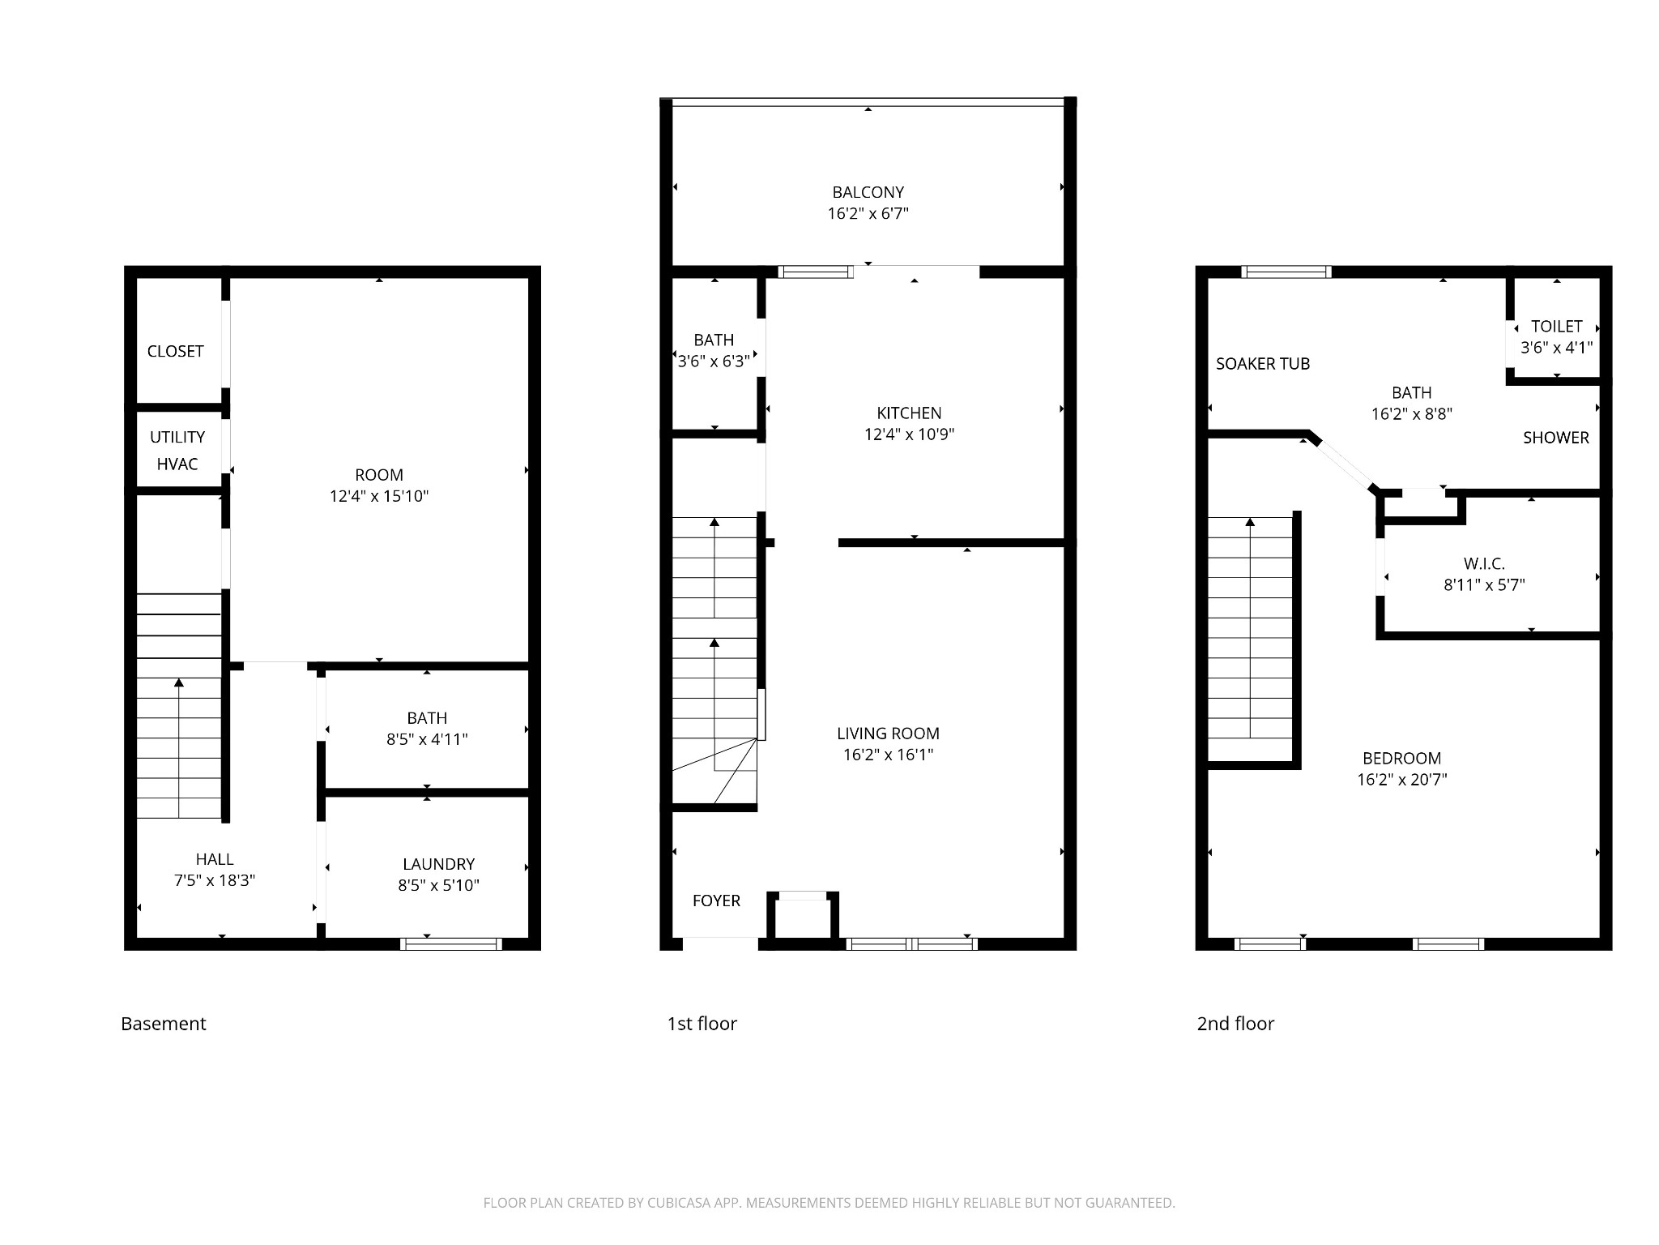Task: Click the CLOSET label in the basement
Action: coord(175,351)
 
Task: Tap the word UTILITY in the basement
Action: coord(177,437)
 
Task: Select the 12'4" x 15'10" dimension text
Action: coord(379,496)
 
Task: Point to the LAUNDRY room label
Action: coord(438,864)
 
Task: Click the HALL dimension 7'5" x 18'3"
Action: coord(215,880)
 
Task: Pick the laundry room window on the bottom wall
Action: coord(451,943)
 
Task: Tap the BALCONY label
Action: coord(868,192)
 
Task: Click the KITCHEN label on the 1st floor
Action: coord(909,413)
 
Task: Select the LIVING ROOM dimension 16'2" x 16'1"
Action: coord(888,755)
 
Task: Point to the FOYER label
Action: coord(716,901)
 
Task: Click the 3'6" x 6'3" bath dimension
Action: coord(714,362)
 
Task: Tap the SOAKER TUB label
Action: coord(1263,364)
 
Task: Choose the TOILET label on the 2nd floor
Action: coord(1556,326)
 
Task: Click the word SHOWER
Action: coord(1555,438)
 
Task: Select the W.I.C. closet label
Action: coord(1484,563)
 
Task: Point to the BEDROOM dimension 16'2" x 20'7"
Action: coord(1402,780)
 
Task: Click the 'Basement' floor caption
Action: coord(164,1024)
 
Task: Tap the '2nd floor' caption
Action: coord(1235,1024)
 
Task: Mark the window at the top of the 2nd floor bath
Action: coord(1286,272)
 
